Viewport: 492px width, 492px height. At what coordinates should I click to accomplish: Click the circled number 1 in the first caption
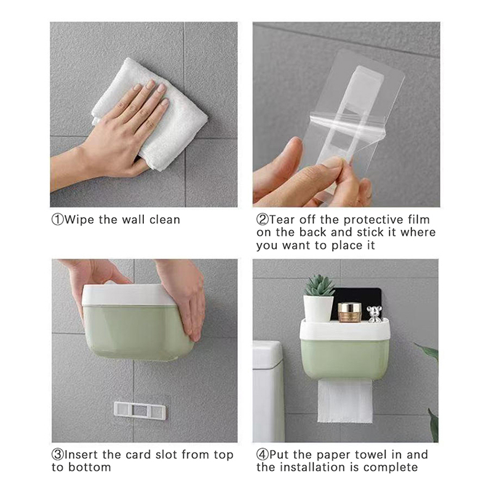pos(57,220)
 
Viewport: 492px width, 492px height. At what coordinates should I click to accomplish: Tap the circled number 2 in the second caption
pos(263,220)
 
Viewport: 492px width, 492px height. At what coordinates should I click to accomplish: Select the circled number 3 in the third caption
pos(57,454)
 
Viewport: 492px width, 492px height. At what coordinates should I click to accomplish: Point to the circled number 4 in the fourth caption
pos(263,454)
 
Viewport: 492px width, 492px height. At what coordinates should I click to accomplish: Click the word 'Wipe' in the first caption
pos(79,220)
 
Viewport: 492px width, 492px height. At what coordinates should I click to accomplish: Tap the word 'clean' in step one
pos(165,220)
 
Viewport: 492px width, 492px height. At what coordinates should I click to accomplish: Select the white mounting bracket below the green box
pos(140,411)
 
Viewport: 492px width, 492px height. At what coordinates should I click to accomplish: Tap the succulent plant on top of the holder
pos(319,285)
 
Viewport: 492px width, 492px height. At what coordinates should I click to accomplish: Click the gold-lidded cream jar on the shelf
pos(349,312)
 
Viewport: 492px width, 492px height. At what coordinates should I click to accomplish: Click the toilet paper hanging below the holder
pos(345,401)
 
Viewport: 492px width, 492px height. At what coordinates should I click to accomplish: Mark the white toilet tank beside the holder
pos(268,391)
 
